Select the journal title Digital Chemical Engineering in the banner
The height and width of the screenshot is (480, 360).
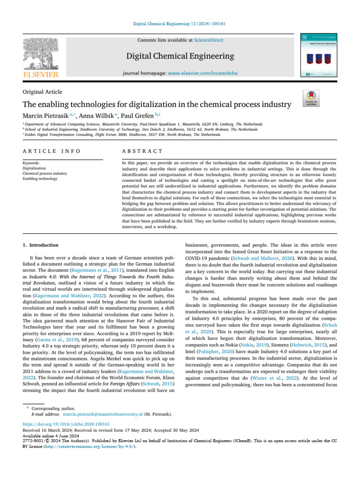point(180,57)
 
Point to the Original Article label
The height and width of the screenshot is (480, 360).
point(43,92)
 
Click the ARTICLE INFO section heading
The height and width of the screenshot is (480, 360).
point(51,151)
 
